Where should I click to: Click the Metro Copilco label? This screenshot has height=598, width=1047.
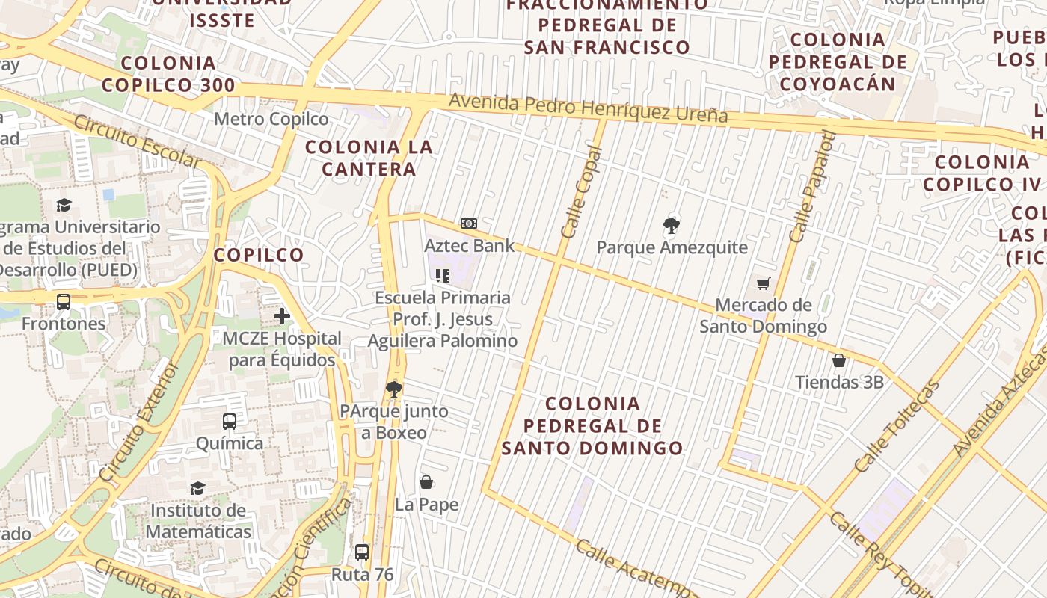[271, 119]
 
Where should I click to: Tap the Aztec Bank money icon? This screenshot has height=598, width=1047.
[469, 224]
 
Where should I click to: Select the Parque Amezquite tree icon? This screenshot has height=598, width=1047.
[672, 225]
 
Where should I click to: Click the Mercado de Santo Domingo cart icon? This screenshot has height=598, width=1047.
[763, 283]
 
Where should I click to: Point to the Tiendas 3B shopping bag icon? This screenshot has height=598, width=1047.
[839, 360]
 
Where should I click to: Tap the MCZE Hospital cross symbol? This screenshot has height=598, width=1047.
[282, 316]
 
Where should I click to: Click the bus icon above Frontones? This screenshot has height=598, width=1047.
[64, 302]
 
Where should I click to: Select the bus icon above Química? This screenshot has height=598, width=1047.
[230, 422]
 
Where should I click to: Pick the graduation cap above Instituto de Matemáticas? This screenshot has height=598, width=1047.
[197, 488]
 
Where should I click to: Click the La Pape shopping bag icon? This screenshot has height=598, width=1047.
[426, 482]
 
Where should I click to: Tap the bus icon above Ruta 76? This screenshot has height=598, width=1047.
[362, 552]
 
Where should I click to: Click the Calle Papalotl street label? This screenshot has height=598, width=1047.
[811, 187]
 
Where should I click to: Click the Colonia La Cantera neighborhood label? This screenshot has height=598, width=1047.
[369, 158]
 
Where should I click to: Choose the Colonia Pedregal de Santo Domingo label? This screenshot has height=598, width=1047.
[592, 426]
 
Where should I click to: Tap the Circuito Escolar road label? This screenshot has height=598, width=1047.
[137, 142]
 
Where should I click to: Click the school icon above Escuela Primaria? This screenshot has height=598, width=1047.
[443, 276]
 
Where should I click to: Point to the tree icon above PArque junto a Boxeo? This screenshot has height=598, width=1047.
[394, 389]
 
